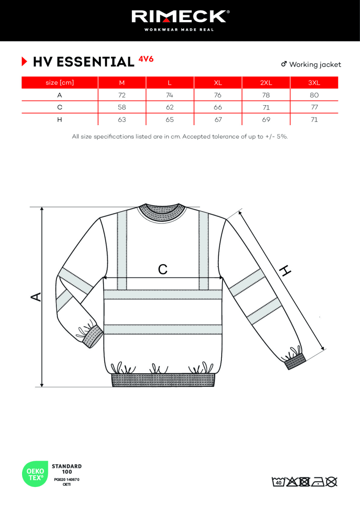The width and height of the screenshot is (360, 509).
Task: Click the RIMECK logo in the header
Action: tap(180, 17)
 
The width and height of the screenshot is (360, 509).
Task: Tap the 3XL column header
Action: tap(314, 83)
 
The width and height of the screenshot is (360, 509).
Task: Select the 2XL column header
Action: tap(266, 83)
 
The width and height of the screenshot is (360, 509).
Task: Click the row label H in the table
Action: tap(59, 120)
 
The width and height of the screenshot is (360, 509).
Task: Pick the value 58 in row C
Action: tap(122, 107)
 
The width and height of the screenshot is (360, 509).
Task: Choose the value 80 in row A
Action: tap(314, 95)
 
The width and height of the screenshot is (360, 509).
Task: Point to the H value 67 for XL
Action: tap(218, 120)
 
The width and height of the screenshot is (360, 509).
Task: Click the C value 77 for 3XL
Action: tap(314, 107)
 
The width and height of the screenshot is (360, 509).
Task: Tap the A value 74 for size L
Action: tap(170, 95)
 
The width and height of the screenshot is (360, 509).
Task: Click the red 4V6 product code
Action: tap(146, 59)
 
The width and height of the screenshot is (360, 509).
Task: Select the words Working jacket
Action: tap(315, 64)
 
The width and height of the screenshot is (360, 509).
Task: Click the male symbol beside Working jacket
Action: tap(284, 64)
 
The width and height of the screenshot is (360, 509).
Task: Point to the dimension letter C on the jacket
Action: tap(163, 269)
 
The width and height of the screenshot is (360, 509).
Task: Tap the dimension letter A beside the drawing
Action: tap(37, 296)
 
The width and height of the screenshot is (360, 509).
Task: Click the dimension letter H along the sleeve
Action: tap(285, 270)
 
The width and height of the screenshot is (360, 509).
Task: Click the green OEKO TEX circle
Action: tap(35, 474)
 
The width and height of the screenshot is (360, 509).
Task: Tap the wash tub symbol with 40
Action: tap(278, 481)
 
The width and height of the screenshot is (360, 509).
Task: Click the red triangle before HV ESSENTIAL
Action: tap(24, 62)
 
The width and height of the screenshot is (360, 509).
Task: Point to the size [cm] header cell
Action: tap(59, 83)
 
